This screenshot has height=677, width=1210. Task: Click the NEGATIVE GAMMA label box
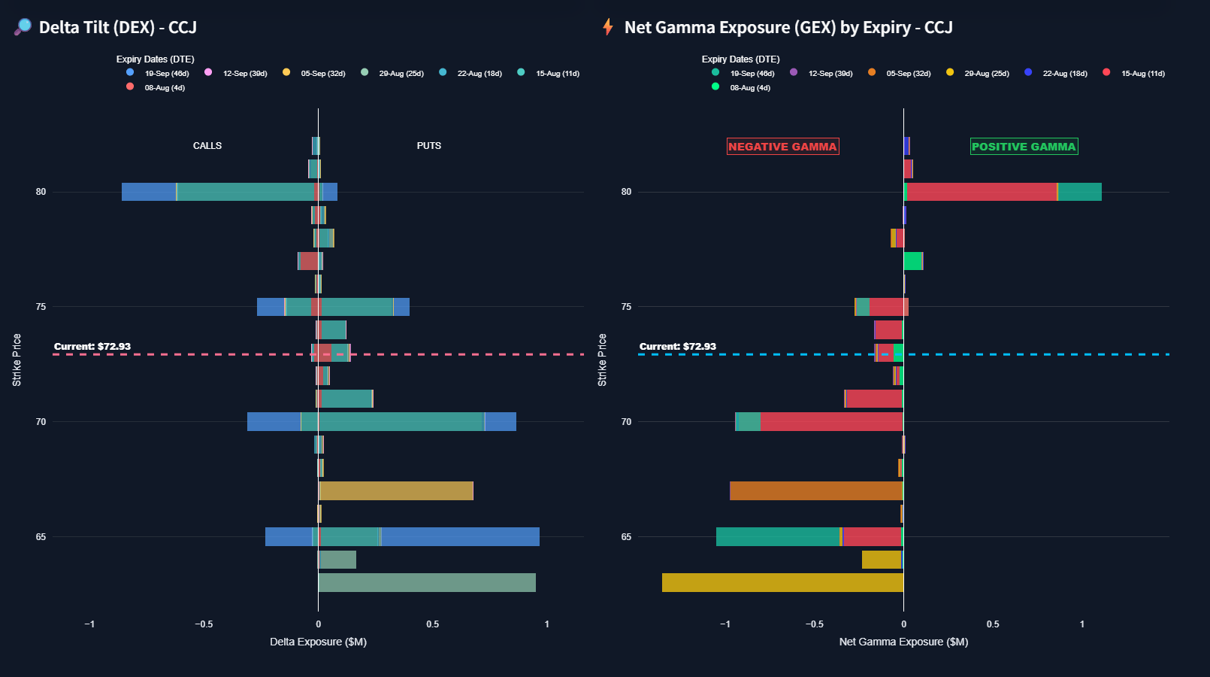pyautogui.click(x=782, y=147)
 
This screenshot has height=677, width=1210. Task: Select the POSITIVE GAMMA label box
pyautogui.click(x=1024, y=147)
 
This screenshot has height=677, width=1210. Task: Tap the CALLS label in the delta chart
pyautogui.click(x=207, y=146)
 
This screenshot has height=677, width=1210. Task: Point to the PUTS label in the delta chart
pyautogui.click(x=429, y=146)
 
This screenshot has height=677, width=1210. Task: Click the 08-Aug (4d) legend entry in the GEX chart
pyautogui.click(x=749, y=88)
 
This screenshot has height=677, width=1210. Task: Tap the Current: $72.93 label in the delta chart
pyautogui.click(x=92, y=347)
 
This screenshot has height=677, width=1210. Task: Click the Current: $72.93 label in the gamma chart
pyautogui.click(x=678, y=347)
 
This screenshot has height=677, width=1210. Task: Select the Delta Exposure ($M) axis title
pyautogui.click(x=318, y=642)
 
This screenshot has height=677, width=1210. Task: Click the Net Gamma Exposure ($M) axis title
pyautogui.click(x=903, y=642)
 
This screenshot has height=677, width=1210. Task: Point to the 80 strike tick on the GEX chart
pyautogui.click(x=626, y=192)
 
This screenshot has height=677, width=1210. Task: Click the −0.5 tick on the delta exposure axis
pyautogui.click(x=204, y=624)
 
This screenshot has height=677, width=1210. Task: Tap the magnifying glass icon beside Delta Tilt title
pyautogui.click(x=23, y=27)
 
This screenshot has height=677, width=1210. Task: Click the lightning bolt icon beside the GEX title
pyautogui.click(x=608, y=27)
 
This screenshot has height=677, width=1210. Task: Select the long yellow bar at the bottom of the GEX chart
pyautogui.click(x=782, y=582)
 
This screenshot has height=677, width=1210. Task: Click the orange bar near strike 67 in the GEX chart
pyautogui.click(x=815, y=490)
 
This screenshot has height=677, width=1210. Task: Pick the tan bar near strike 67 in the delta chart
pyautogui.click(x=396, y=490)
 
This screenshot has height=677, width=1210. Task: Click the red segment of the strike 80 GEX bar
pyautogui.click(x=981, y=192)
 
